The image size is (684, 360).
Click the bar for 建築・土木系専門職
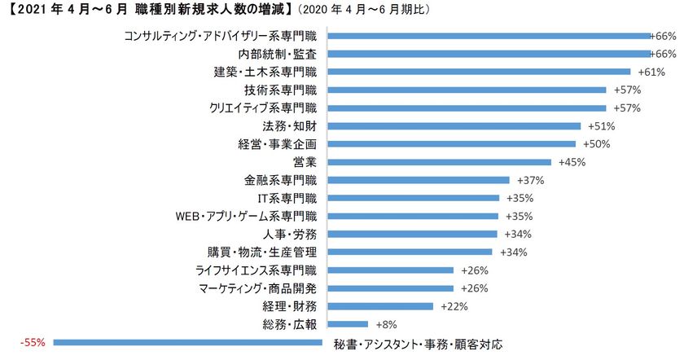tap(477, 72)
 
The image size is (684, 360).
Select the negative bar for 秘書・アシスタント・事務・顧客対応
tap(187, 343)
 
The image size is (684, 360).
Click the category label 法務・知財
tap(290, 126)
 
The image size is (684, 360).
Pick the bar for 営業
tap(437, 162)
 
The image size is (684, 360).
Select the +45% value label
tap(567, 162)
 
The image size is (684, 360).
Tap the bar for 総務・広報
tap(346, 324)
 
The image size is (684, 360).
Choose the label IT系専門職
tap(287, 198)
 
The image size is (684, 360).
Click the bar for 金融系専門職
tap(416, 180)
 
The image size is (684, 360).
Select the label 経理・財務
tap(290, 306)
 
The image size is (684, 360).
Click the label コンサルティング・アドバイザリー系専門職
tap(221, 36)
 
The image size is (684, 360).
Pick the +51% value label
tap(598, 126)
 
